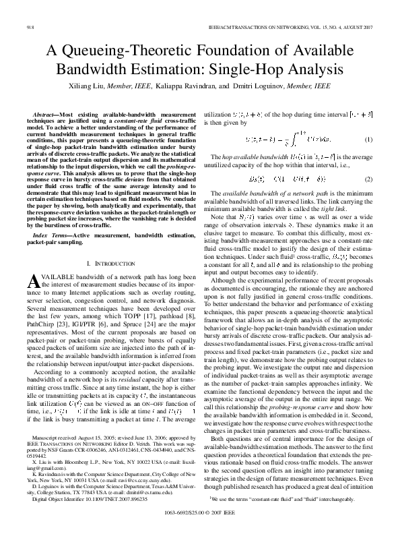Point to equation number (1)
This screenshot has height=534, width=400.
368,139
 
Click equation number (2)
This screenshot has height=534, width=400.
368,179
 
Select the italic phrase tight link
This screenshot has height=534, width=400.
339,209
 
